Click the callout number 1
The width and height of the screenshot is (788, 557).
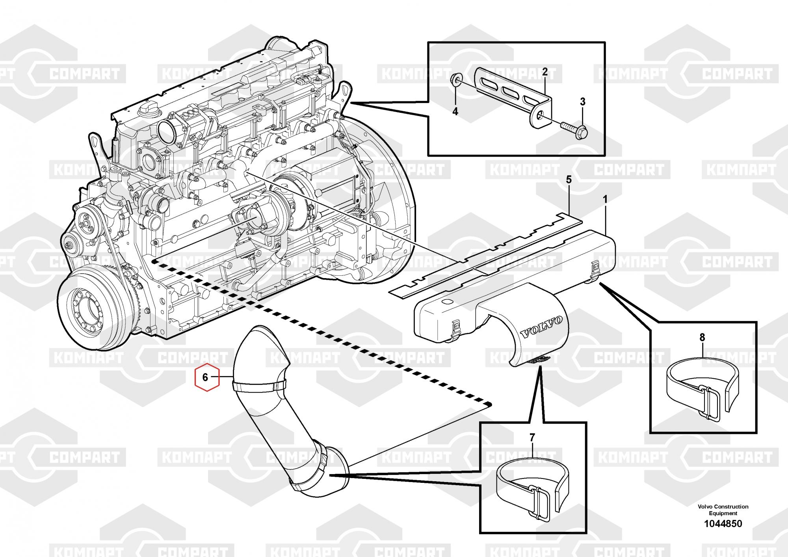point(605,200)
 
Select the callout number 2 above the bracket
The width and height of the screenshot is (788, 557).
point(545,72)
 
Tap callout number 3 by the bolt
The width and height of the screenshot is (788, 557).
point(583,101)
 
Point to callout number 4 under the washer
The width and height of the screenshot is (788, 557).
point(455,112)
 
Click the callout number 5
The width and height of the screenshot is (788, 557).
point(569,180)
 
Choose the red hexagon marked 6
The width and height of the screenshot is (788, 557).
point(205,377)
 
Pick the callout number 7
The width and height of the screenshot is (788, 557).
point(532,437)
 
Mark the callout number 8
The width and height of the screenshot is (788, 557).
point(702,338)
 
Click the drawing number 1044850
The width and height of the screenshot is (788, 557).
point(723,523)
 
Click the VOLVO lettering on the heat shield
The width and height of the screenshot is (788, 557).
point(542,327)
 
